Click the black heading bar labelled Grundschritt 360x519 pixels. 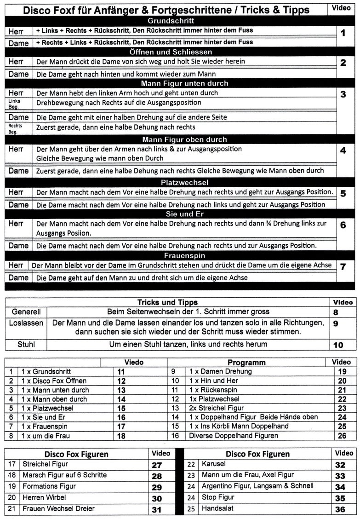point(171,21)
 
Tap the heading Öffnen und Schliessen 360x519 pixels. point(171,52)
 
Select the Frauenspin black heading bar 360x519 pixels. point(171,255)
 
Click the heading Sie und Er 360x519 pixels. point(171,214)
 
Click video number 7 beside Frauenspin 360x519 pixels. point(343,266)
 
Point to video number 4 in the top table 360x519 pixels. point(343,150)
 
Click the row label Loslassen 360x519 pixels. point(26,323)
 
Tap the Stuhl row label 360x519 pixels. point(26,344)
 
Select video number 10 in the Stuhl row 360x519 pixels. point(338,345)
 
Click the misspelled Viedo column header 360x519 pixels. point(134,362)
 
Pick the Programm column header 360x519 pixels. point(246,362)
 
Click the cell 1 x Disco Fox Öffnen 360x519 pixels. point(54,381)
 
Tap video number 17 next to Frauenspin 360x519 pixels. point(121,427)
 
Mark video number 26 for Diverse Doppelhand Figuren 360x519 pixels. point(342,435)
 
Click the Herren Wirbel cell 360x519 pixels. point(45,497)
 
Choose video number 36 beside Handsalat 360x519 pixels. point(340,509)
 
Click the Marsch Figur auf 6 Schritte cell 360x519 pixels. point(64,475)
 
